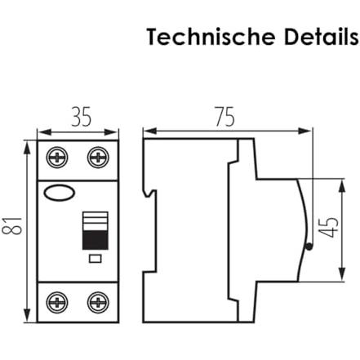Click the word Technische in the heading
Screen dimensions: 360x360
[211, 37]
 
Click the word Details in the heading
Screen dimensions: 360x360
[321, 37]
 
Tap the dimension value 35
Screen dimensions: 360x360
[82, 117]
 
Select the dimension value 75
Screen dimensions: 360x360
[224, 117]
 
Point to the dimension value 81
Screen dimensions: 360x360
[11, 226]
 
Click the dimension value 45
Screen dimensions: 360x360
[329, 228]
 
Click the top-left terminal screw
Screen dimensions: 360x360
[57, 158]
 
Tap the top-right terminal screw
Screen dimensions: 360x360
[98, 158]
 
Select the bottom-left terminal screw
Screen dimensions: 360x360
[57, 302]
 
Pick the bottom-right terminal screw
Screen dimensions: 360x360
[98, 302]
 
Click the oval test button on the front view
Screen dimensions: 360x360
[60, 193]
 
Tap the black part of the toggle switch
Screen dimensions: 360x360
[96, 240]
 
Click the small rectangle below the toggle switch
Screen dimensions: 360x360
[96, 259]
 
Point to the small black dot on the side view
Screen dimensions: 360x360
[309, 247]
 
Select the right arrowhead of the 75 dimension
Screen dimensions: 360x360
[304, 131]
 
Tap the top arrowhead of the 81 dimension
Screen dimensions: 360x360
[27, 149]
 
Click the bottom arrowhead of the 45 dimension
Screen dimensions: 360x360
[342, 273]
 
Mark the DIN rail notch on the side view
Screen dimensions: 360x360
[150, 193]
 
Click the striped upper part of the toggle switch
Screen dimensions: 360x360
[96, 221]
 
